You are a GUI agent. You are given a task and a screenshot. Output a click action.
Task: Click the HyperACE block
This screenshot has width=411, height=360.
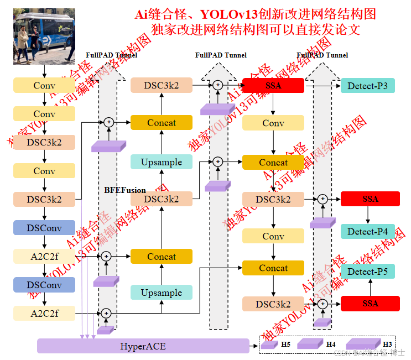click(x=143, y=346)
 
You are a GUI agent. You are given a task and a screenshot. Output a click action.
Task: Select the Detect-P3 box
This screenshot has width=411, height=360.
click(x=367, y=85)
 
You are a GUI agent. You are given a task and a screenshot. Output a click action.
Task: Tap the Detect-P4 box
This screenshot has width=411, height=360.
click(x=367, y=232)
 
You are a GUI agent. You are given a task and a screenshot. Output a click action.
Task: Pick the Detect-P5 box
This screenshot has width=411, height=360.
click(x=367, y=271)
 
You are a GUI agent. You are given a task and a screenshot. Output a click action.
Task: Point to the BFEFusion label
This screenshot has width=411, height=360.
click(x=125, y=190)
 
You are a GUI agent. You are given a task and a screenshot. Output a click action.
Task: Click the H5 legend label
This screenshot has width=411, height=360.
click(x=285, y=345)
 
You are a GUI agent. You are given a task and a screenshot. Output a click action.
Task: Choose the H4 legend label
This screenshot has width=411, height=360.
click(x=331, y=345)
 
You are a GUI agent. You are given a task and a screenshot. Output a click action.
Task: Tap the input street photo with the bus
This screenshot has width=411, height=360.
click(x=44, y=38)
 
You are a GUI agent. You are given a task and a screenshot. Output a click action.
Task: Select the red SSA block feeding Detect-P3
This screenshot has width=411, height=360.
click(x=273, y=85)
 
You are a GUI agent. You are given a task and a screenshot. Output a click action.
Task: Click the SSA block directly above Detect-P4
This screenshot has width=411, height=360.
click(x=370, y=199)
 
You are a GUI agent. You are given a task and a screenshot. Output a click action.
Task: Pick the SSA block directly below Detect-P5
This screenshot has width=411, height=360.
click(x=370, y=304)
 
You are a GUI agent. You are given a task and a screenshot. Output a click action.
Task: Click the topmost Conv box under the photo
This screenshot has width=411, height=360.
click(x=44, y=85)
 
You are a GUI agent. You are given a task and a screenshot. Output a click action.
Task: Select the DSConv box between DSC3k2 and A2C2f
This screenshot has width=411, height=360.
click(x=44, y=227)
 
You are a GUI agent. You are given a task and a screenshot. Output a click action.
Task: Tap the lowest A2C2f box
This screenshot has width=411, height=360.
click(x=44, y=314)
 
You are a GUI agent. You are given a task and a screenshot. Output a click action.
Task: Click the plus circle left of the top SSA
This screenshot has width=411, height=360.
click(x=218, y=85)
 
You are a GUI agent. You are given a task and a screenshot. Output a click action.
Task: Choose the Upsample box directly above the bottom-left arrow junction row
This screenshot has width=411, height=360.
click(x=161, y=293)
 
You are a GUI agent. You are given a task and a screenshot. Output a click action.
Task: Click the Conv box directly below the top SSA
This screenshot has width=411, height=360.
click(x=273, y=123)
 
